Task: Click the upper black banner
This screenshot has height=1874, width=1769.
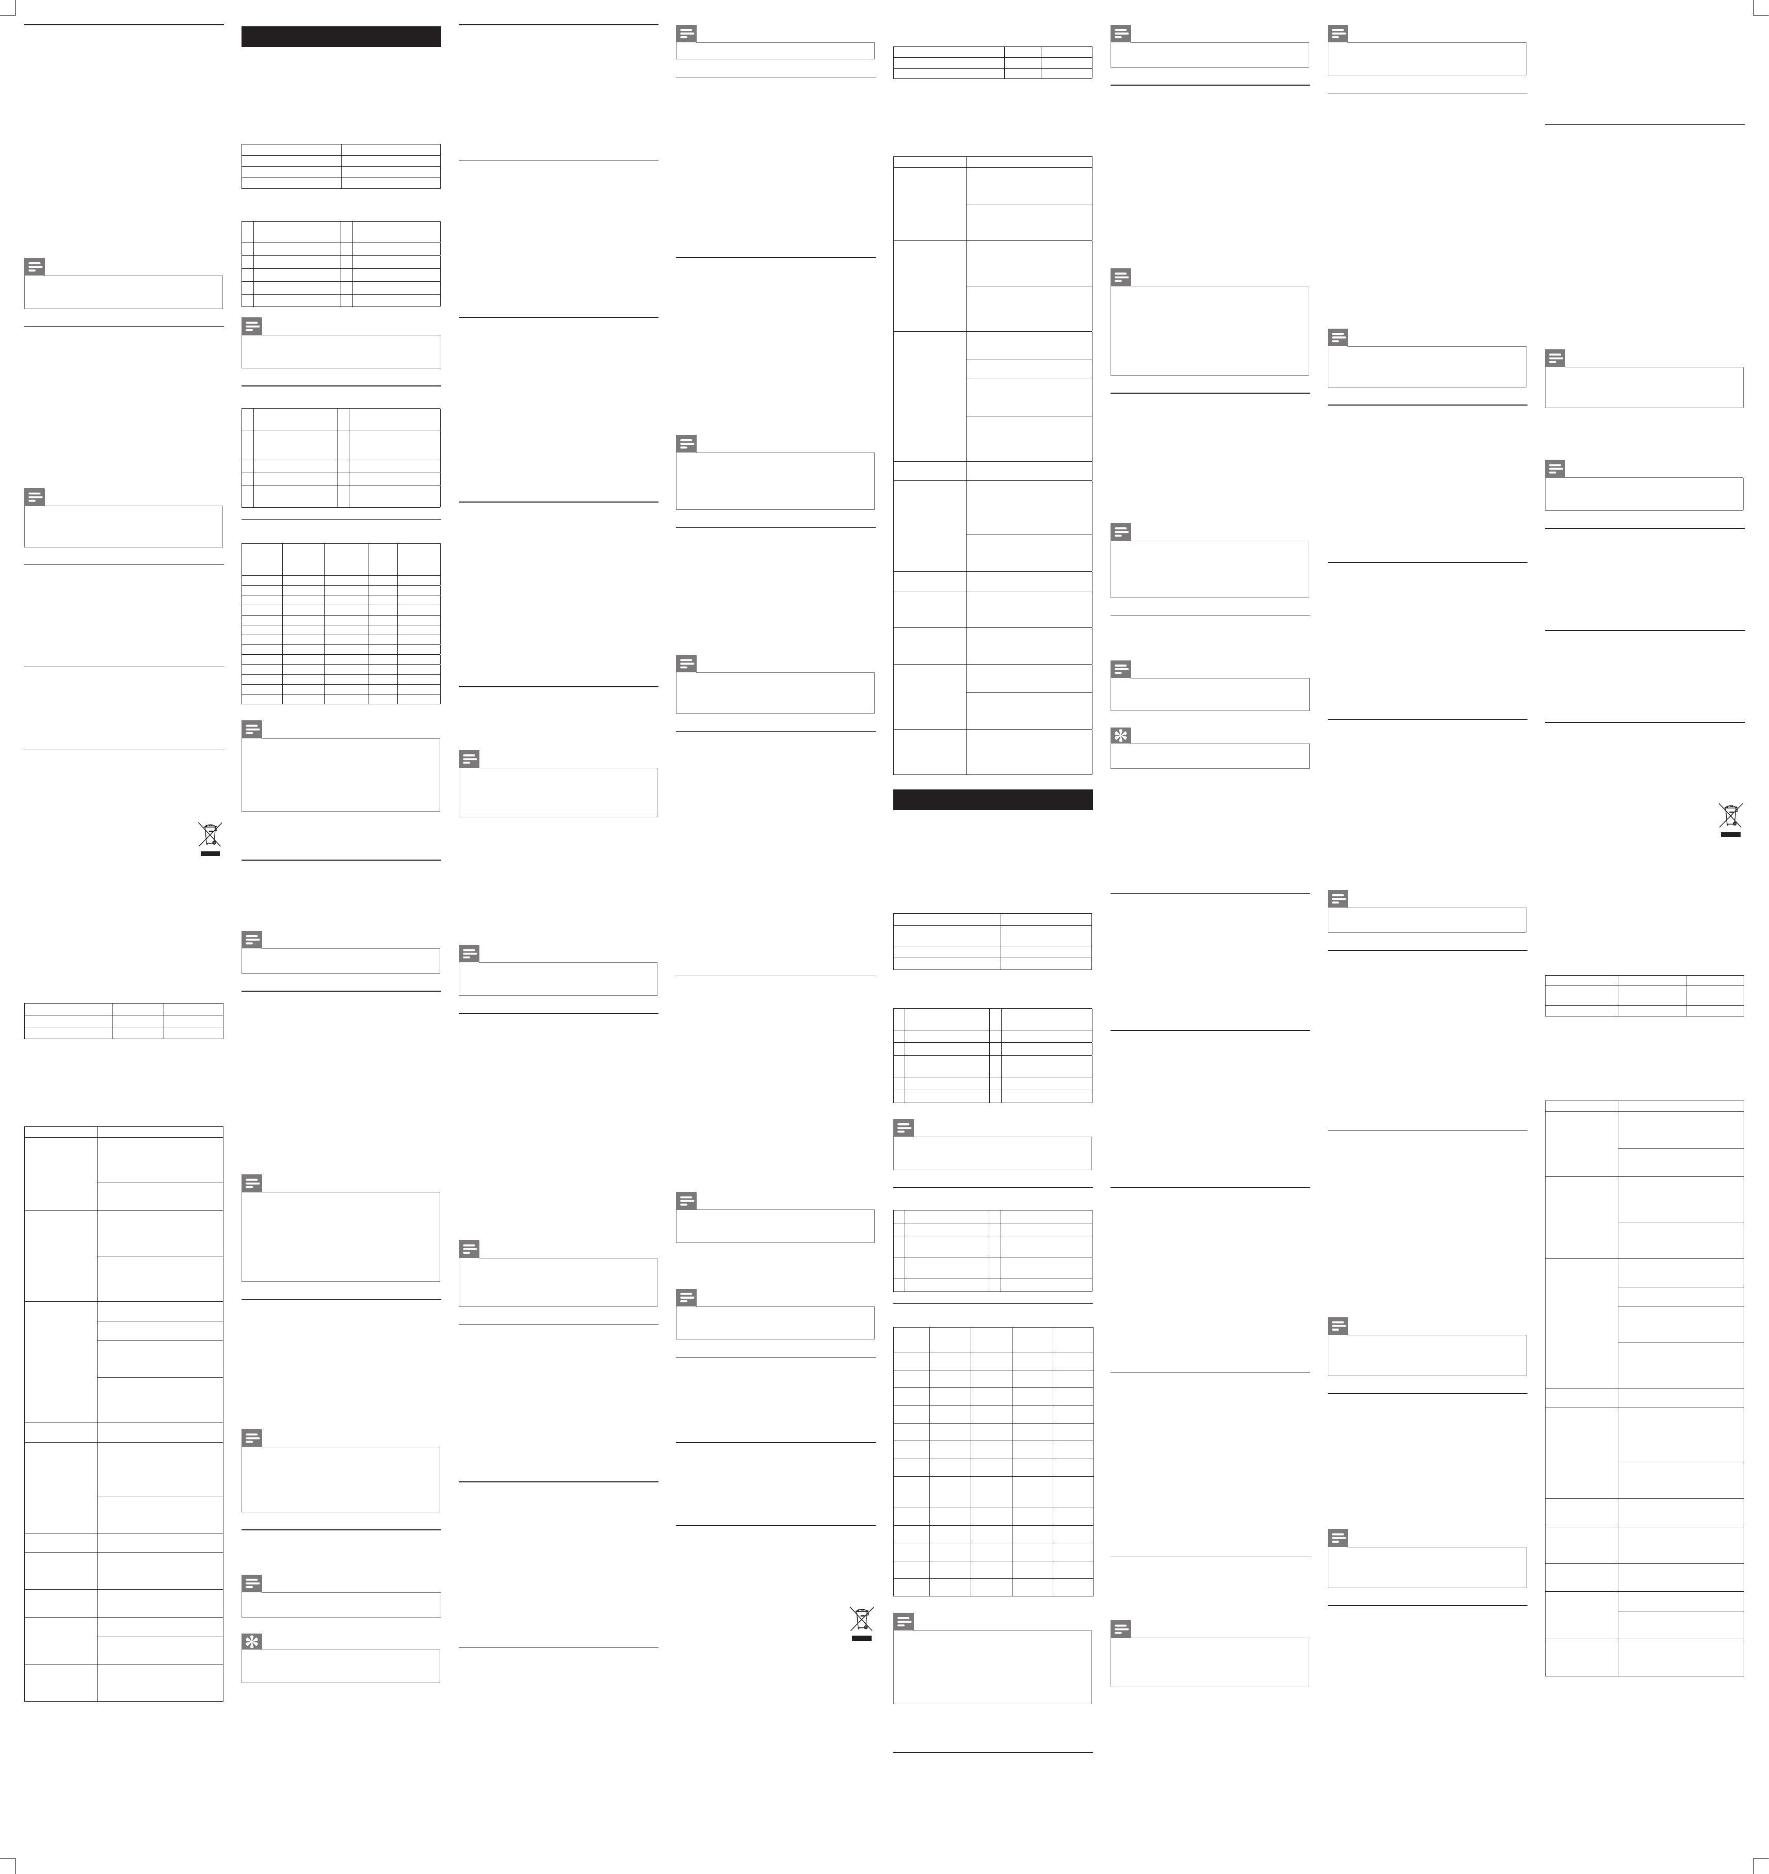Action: [x=341, y=37]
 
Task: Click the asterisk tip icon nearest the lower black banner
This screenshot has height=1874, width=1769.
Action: [x=1121, y=735]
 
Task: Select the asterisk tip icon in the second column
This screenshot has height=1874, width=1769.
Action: [x=252, y=1641]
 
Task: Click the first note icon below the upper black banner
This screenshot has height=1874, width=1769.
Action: [x=252, y=326]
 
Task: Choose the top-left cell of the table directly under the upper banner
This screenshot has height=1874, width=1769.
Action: [x=292, y=149]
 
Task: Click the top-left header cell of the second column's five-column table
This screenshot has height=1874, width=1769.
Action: [x=262, y=559]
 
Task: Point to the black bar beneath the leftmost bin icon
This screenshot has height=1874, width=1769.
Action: [x=210, y=852]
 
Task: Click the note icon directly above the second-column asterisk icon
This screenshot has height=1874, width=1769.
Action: [x=252, y=1584]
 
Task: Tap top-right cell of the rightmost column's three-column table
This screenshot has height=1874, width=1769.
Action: [x=1714, y=980]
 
